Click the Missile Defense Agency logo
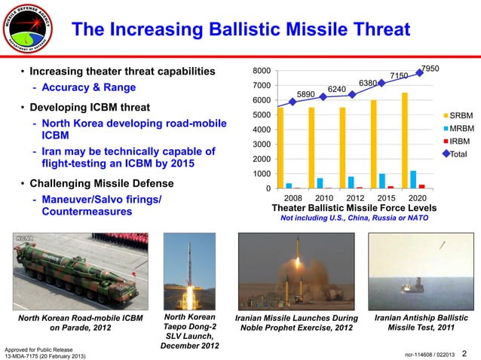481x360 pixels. pos(31,30)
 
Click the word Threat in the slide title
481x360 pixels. pos(374,30)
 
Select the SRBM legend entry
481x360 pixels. pos(460,115)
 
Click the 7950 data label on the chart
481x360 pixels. pos(430,69)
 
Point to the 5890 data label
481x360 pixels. pos(305,94)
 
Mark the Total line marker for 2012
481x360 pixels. pos(352,95)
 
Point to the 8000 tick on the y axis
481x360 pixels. pos(262,72)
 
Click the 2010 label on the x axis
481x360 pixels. pos(323,197)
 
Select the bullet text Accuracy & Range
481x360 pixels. pos(88,87)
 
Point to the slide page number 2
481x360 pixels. pos(464,353)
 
